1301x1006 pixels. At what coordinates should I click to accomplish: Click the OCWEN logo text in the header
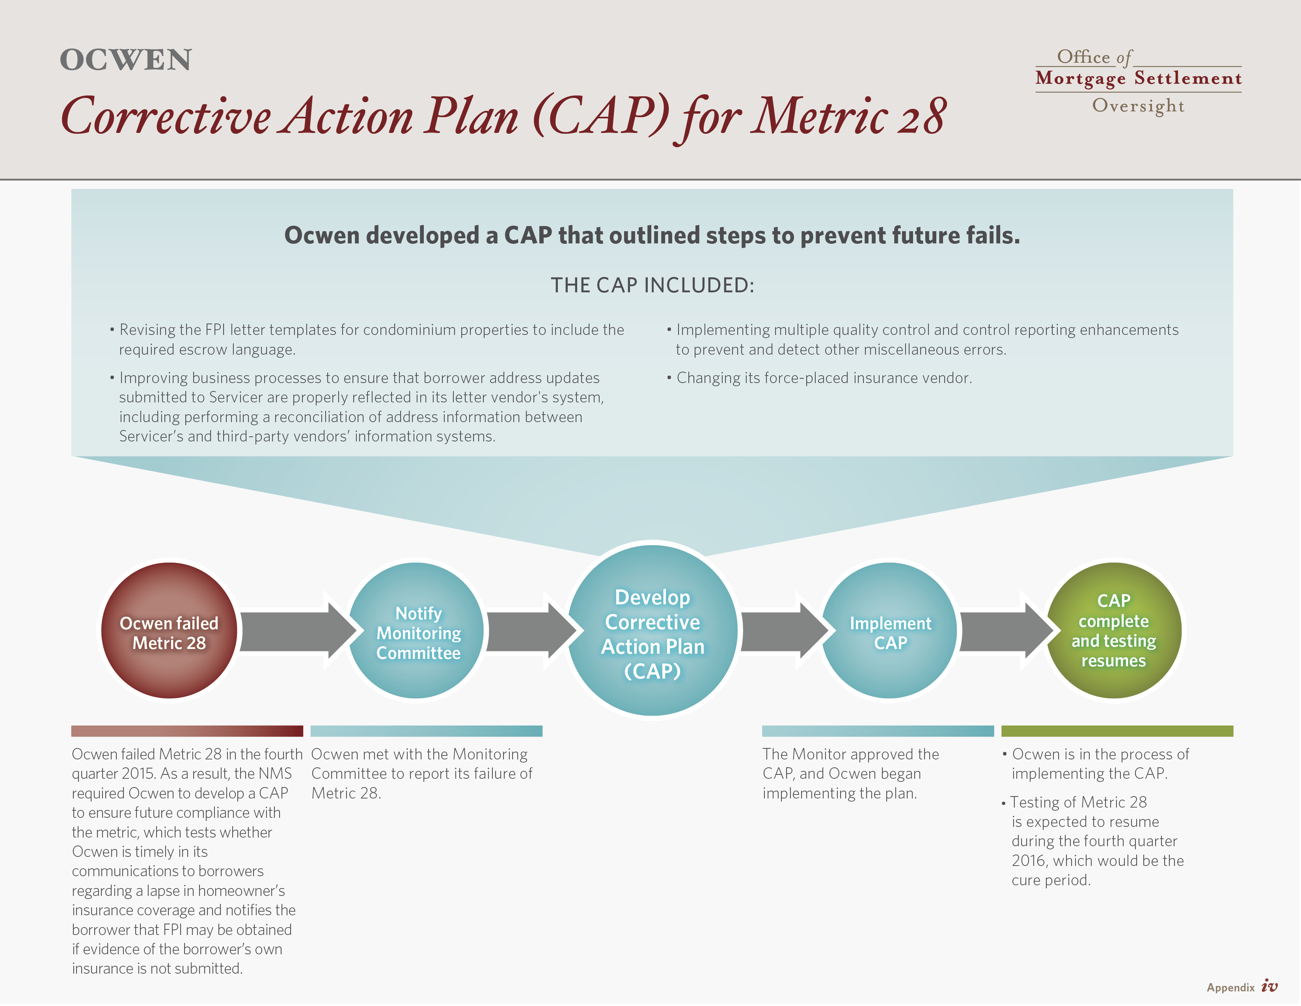pyautogui.click(x=126, y=60)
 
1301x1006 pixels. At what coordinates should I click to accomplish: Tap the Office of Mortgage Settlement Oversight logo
pyautogui.click(x=1139, y=81)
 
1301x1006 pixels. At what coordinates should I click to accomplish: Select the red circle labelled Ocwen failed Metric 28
pyautogui.click(x=169, y=630)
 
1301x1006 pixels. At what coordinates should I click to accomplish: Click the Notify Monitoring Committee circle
pyautogui.click(x=416, y=630)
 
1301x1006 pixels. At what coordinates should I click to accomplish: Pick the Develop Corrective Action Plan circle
pyautogui.click(x=652, y=630)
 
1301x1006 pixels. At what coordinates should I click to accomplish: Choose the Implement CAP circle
pyautogui.click(x=889, y=630)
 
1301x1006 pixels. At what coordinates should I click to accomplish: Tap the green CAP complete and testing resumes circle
pyautogui.click(x=1114, y=630)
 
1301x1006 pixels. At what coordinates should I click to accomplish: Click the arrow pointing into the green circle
pyautogui.click(x=1007, y=630)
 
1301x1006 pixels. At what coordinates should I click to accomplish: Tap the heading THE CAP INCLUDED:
pyautogui.click(x=652, y=286)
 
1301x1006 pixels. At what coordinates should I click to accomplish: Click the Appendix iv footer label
pyautogui.click(x=1242, y=987)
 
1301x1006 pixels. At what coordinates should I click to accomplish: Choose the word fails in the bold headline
pyautogui.click(x=993, y=236)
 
